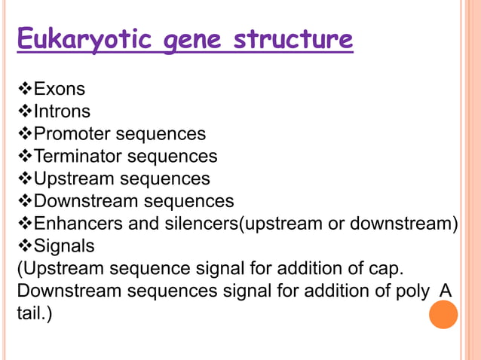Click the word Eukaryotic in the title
coord(81,40)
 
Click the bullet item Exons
coord(60,90)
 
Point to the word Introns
coord(63,111)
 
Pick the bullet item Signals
coord(64,246)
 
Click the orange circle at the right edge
coord(443,314)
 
